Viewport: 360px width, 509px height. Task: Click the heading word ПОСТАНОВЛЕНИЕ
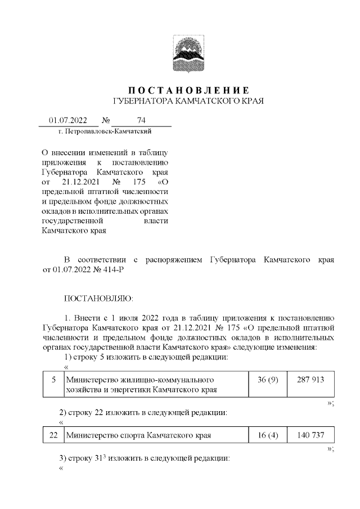[x=188, y=90]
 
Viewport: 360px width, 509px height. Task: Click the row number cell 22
[x=53, y=435]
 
